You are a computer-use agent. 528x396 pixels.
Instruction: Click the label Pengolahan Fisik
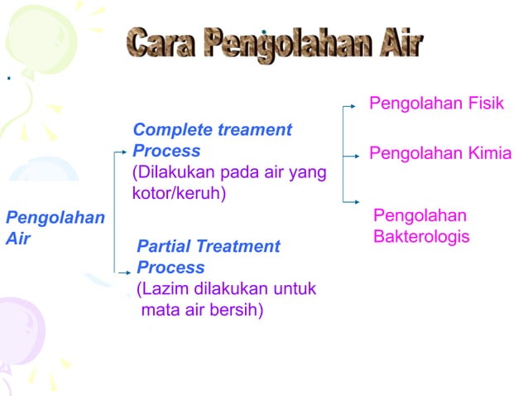435,104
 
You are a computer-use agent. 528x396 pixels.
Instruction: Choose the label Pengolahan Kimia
439,153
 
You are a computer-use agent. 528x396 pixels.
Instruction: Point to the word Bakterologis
421,237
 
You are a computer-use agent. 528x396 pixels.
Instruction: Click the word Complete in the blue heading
171,130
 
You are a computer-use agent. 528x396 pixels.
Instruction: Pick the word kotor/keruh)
179,193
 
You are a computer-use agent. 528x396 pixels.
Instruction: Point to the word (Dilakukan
171,172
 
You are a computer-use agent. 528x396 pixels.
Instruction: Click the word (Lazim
161,289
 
